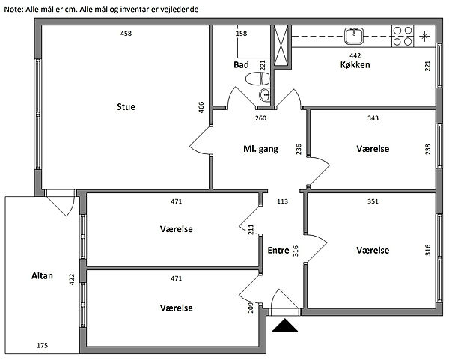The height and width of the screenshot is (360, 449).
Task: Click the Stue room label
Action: [x=126, y=106]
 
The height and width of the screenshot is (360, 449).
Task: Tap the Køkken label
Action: [x=355, y=64]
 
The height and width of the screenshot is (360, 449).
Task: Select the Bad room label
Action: [x=241, y=64]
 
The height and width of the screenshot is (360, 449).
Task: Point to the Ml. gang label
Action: [x=260, y=149]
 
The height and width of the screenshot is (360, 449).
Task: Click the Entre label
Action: [x=278, y=251]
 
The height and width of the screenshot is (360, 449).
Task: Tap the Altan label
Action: [x=42, y=275]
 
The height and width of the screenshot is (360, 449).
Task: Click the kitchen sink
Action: [x=354, y=37]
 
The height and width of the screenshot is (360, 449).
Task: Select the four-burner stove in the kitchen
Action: [x=403, y=36]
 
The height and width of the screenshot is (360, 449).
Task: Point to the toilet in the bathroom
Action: [x=257, y=79]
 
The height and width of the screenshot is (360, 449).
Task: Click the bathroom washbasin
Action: [x=265, y=95]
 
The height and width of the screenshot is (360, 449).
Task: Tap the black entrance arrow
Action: [x=285, y=326]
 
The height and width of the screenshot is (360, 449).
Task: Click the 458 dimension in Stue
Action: [x=126, y=34]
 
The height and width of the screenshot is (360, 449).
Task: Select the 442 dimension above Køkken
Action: [x=355, y=55]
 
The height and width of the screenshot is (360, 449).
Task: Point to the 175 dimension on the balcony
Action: [x=42, y=345]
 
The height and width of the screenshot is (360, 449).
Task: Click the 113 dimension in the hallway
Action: [x=282, y=201]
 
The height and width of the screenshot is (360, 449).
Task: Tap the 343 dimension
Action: [x=373, y=118]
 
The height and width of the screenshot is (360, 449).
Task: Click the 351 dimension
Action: [x=373, y=201]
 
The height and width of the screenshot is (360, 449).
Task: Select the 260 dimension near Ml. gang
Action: [x=260, y=118]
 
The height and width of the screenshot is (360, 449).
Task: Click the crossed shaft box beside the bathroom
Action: [x=281, y=46]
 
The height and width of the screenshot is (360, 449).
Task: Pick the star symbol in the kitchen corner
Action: [x=424, y=36]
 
